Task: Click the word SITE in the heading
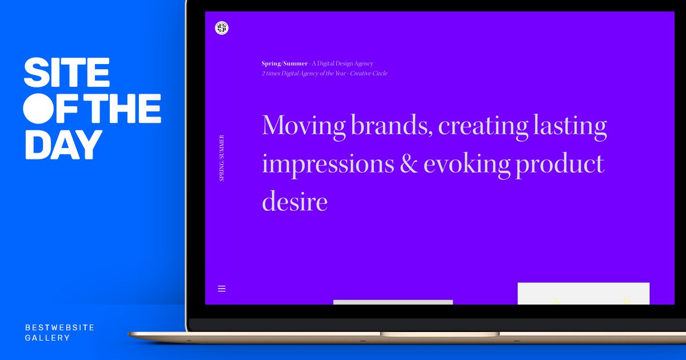[66, 73]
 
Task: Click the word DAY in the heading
[63, 144]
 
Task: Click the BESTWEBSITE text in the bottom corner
[59, 327]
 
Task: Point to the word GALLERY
[47, 338]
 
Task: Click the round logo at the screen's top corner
[222, 27]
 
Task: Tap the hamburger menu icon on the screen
[222, 289]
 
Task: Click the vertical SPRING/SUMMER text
[222, 158]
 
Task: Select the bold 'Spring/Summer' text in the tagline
[284, 63]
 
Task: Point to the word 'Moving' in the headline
[304, 125]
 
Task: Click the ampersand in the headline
[409, 164]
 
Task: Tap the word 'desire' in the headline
[294, 202]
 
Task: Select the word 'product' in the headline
[560, 165]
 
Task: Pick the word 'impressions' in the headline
[328, 165]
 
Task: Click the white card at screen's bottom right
[583, 293]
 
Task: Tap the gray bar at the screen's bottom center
[393, 302]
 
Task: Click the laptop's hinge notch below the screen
[439, 334]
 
